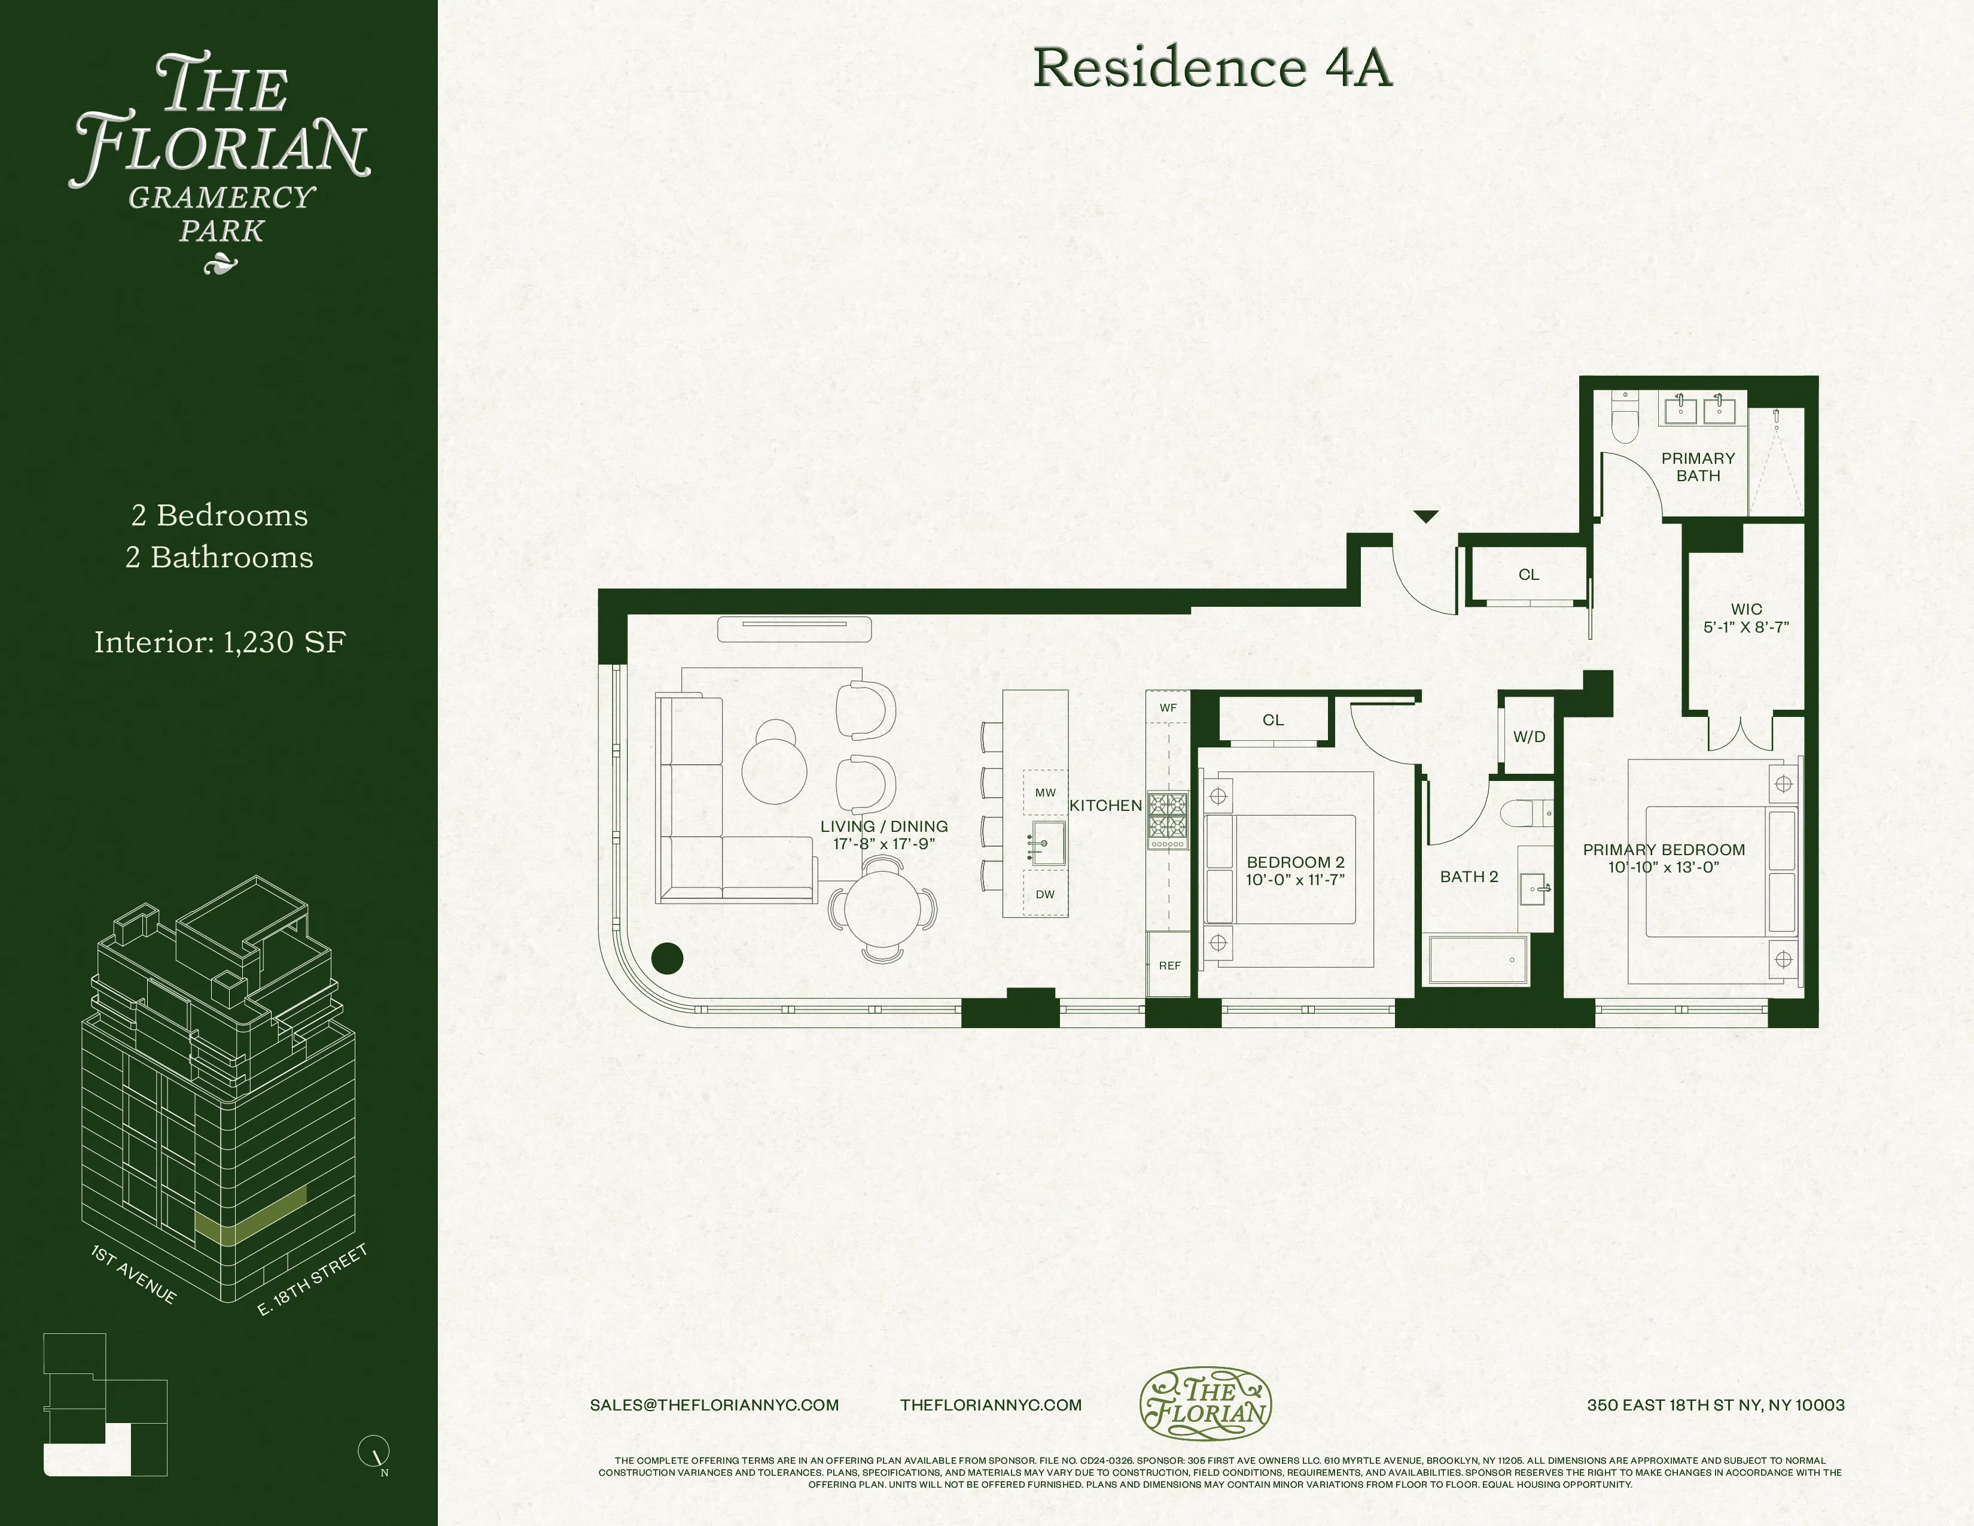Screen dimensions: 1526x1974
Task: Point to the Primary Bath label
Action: (x=1698, y=467)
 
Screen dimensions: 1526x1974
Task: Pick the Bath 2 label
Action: (x=1469, y=876)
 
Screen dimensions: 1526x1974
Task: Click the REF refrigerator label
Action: (x=1169, y=965)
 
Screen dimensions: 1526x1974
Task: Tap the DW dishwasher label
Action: (x=1045, y=894)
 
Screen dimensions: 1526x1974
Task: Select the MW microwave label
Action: (x=1045, y=793)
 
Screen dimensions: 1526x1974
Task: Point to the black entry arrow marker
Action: (x=1425, y=517)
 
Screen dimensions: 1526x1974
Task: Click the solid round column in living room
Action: (x=667, y=958)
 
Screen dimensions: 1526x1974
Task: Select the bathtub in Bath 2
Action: (x=1478, y=960)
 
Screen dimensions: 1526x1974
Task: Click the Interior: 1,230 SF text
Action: (x=220, y=642)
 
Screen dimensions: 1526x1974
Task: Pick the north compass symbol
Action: (x=374, y=1451)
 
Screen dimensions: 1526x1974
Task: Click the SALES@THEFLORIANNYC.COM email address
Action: (x=714, y=1405)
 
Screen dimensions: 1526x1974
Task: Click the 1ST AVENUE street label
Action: (x=134, y=1275)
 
